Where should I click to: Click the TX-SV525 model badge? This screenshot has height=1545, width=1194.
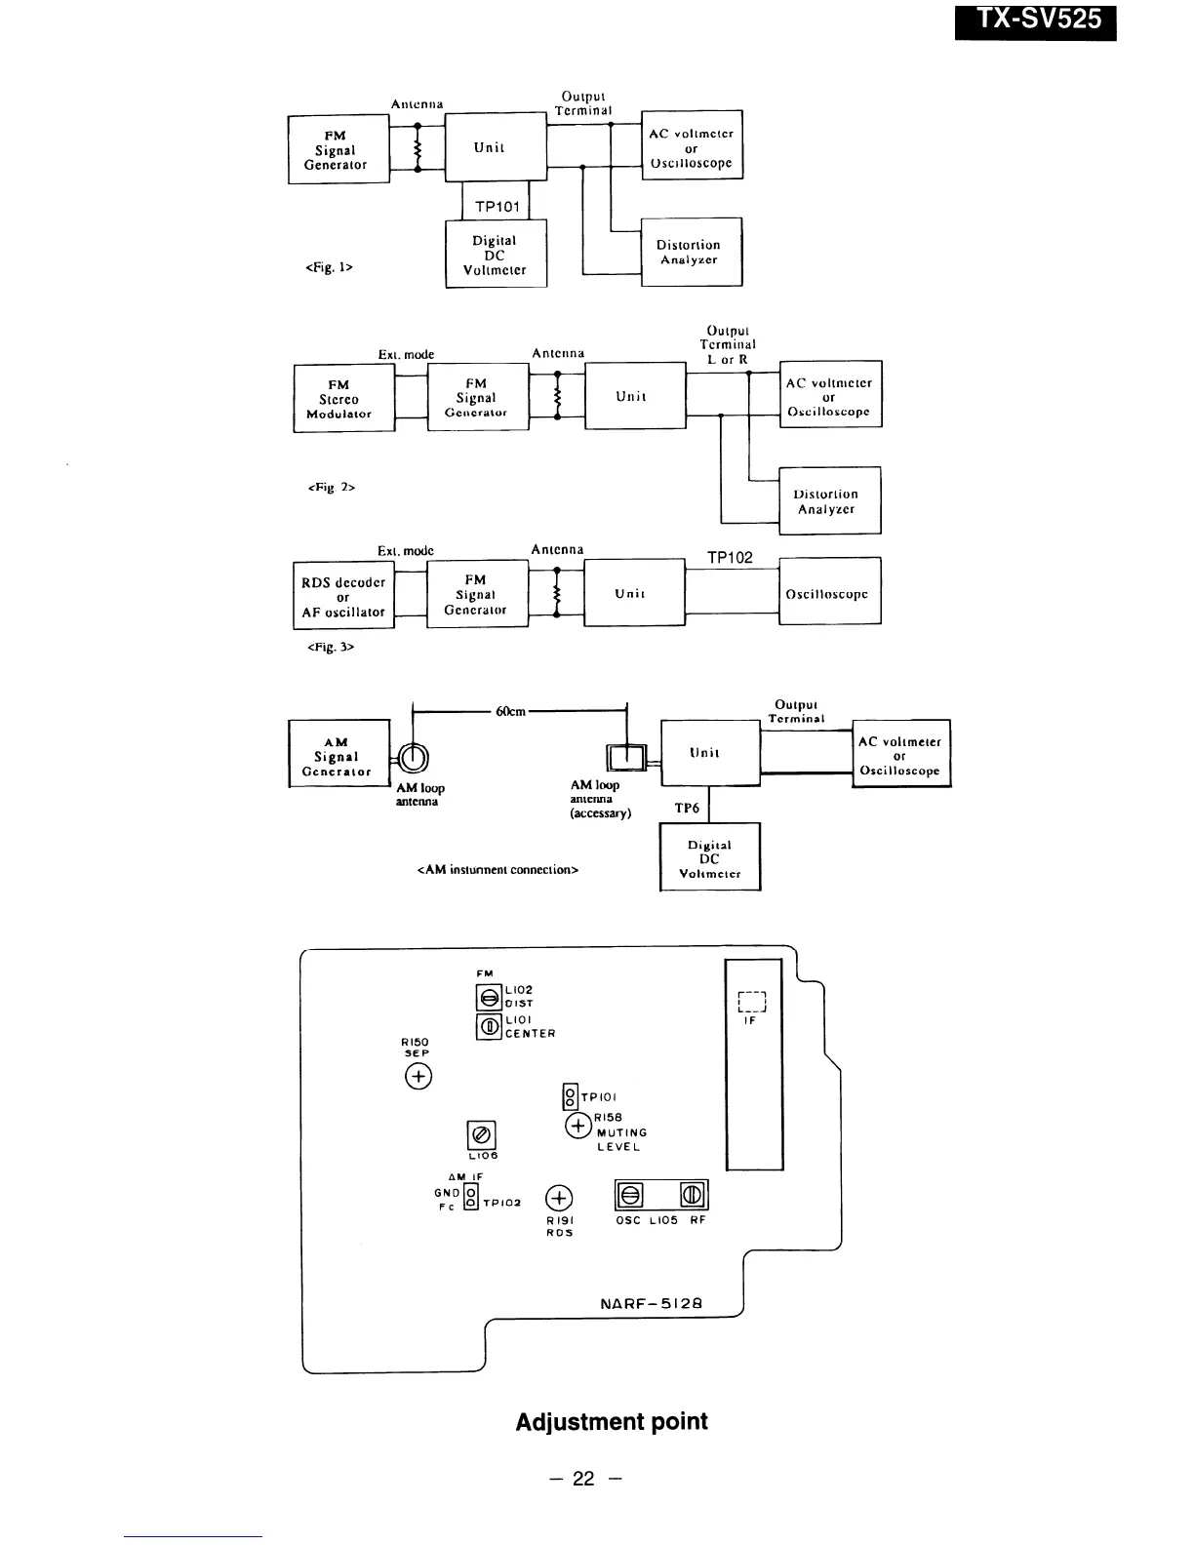pyautogui.click(x=1035, y=20)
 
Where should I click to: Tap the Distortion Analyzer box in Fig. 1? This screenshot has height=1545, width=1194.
pyautogui.click(x=690, y=252)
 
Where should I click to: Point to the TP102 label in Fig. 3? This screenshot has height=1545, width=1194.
pyautogui.click(x=730, y=558)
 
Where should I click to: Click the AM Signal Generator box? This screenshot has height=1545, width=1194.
pyautogui.click(x=338, y=757)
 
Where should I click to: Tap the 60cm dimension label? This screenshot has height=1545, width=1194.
pyautogui.click(x=511, y=711)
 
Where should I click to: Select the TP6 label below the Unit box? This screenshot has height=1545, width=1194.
pyautogui.click(x=687, y=808)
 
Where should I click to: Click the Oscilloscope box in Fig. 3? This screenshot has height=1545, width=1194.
pyautogui.click(x=828, y=594)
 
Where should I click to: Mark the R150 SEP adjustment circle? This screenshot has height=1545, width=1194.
pyautogui.click(x=418, y=1076)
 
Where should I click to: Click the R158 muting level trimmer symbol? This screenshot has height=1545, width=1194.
pyautogui.click(x=578, y=1127)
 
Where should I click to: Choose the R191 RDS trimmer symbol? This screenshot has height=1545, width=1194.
pyautogui.click(x=559, y=1199)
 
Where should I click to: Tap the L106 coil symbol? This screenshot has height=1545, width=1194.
pyautogui.click(x=482, y=1135)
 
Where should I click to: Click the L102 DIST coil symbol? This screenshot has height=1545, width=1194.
pyautogui.click(x=488, y=997)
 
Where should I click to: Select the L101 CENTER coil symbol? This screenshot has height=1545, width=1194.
pyautogui.click(x=488, y=1026)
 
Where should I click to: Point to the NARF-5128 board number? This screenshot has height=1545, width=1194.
pyautogui.click(x=651, y=1303)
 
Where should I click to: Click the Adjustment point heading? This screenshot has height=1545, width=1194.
pyautogui.click(x=612, y=1421)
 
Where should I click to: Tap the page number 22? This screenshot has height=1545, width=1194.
pyautogui.click(x=583, y=1479)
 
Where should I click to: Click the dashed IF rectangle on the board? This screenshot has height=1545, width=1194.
pyautogui.click(x=752, y=1002)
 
